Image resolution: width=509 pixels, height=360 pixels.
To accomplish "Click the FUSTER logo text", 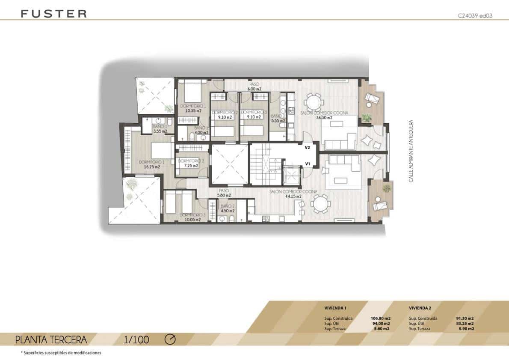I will point(53,14).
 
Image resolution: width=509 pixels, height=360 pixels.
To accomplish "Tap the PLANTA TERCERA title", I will point(51,340).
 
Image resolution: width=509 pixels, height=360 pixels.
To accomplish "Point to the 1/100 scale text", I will point(136,340).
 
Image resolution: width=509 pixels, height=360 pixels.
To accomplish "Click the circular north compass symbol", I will point(170,339).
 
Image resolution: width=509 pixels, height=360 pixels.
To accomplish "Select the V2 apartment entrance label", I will point(307,147).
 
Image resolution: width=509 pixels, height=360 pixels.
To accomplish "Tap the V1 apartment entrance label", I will point(307,163).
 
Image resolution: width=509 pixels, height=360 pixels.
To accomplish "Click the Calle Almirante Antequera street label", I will point(411,151).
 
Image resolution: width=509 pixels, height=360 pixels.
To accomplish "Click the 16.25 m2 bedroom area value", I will point(152,167).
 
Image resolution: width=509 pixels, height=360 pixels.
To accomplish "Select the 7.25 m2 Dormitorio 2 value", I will point(191,165).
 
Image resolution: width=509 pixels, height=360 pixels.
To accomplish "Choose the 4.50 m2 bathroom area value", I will point(228,211).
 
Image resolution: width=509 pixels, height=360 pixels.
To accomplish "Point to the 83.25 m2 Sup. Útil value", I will point(465,324).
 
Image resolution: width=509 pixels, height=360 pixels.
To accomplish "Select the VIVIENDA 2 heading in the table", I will point(420,308).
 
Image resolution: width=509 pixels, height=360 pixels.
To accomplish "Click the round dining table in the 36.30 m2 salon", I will point(313,103).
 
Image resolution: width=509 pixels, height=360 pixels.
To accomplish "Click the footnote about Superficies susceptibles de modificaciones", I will point(61,353).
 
